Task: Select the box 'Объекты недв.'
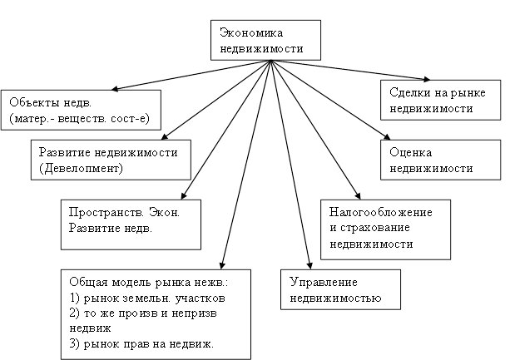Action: coord(80,108)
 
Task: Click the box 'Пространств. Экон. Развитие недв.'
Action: coord(131,222)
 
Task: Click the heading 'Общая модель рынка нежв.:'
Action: coord(146,282)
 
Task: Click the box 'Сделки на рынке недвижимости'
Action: coord(439,100)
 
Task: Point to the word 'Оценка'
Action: coord(410,153)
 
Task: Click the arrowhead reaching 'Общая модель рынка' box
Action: coord(222,263)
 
